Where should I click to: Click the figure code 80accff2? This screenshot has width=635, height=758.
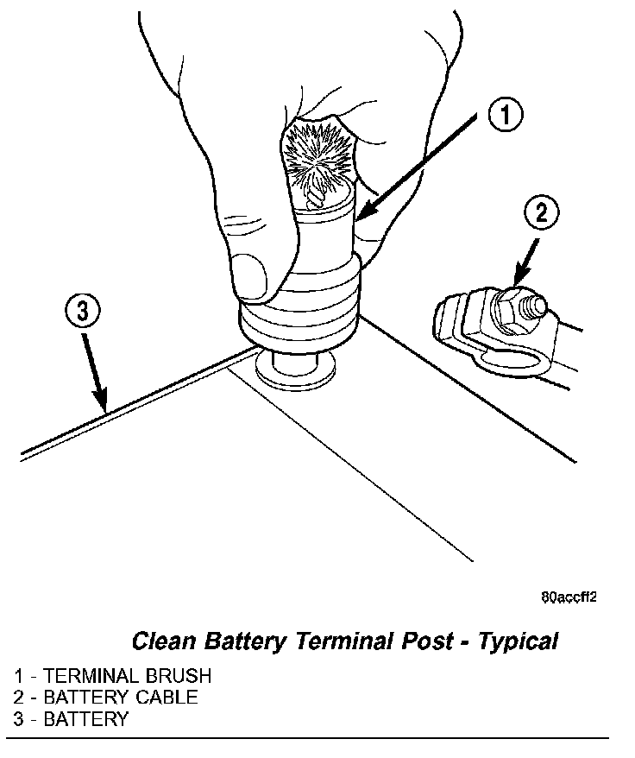click(x=569, y=597)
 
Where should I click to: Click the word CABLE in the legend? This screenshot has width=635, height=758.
click(x=167, y=698)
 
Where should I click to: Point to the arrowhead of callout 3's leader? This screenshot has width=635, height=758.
click(x=104, y=407)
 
